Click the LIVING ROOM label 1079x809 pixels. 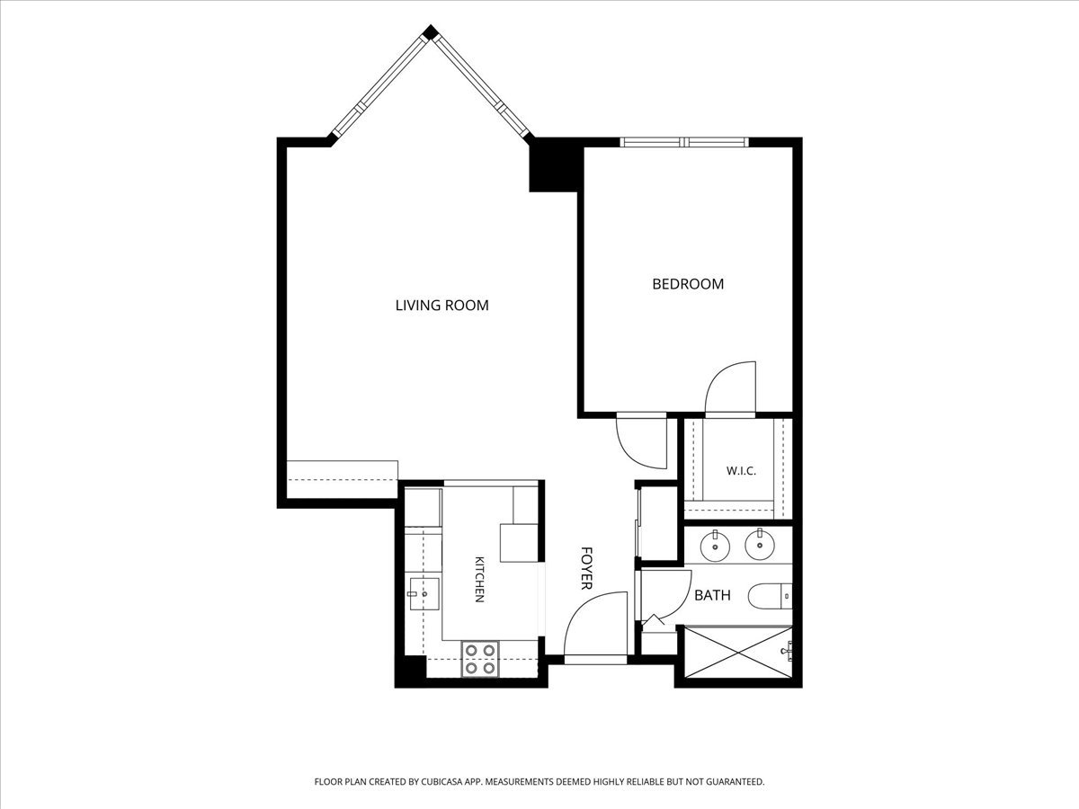tap(441, 306)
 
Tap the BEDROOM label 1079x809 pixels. tap(688, 284)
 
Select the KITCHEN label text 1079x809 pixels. tap(480, 579)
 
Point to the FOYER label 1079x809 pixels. tap(586, 568)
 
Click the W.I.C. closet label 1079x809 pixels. tap(741, 471)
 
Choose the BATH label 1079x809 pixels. tap(712, 596)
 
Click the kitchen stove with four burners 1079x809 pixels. tap(480, 659)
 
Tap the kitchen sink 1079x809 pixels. tap(424, 594)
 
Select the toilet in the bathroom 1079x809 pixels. tap(771, 596)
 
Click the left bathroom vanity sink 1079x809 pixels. tap(715, 546)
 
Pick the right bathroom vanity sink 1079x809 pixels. tap(760, 544)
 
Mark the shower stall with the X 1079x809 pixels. tap(738, 652)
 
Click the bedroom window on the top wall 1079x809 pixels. tap(683, 142)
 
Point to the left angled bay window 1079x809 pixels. tap(379, 87)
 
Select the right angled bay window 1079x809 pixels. tap(483, 87)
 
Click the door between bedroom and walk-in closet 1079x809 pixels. tap(730, 388)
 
